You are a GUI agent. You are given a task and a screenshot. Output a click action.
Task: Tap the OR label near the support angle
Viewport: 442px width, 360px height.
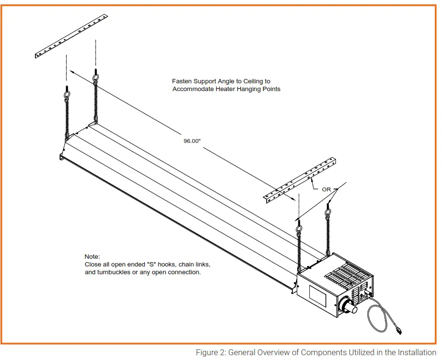tap(327, 189)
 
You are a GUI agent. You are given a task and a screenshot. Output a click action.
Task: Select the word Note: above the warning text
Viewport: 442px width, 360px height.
tap(91, 256)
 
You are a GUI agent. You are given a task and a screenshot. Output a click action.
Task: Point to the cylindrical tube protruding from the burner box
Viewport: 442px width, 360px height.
tap(351, 308)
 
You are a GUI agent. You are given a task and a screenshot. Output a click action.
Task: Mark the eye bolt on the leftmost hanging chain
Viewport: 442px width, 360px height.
tap(67, 95)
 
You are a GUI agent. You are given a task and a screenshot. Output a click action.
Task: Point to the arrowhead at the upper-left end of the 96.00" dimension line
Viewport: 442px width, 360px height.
tap(71, 71)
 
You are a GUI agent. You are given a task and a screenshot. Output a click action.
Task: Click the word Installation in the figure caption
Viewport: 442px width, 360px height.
tap(416, 352)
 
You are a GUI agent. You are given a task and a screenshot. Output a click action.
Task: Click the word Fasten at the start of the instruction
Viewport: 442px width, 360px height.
tap(182, 81)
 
